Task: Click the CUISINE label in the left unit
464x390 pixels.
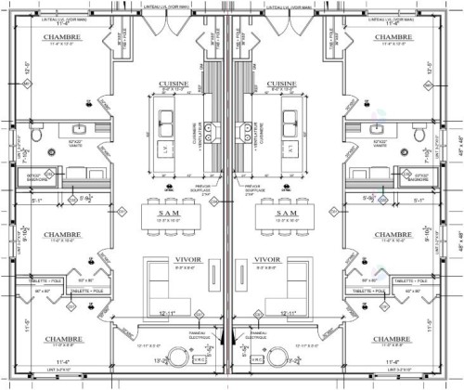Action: (x=174, y=83)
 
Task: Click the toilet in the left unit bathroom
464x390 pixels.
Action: (x=36, y=136)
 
